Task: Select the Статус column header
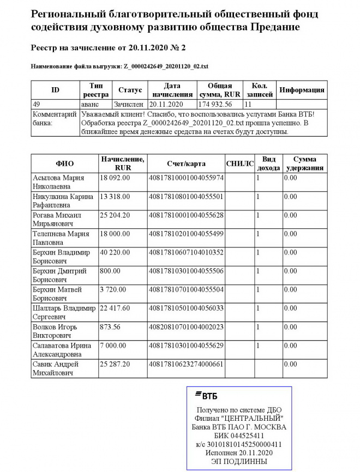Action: point(130,90)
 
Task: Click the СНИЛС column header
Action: point(239,164)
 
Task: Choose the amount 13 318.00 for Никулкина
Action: point(115,196)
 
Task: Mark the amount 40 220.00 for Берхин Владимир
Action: point(115,252)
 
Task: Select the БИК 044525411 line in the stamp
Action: point(240,436)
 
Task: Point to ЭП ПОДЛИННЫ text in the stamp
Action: point(240,461)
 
